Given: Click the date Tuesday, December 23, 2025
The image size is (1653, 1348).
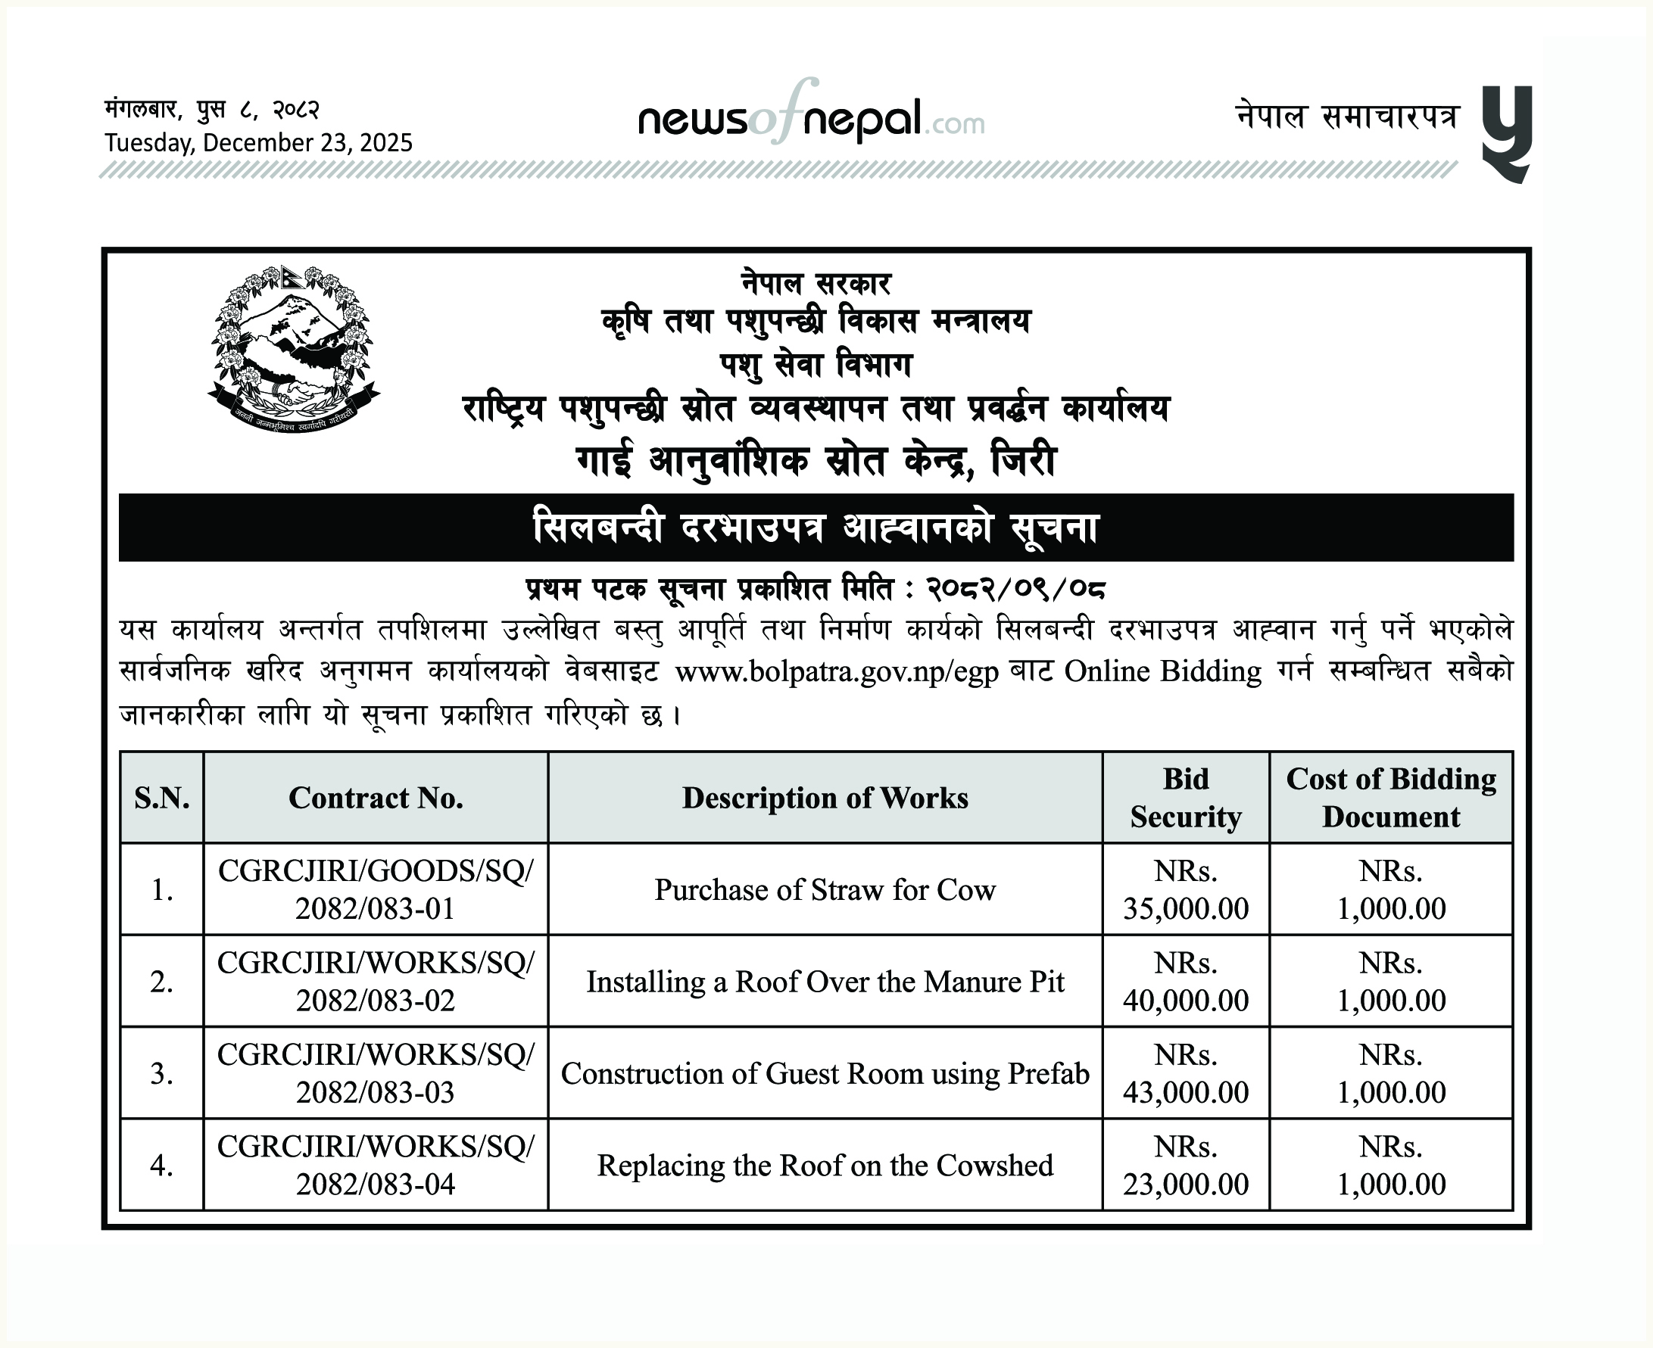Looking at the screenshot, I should tap(259, 143).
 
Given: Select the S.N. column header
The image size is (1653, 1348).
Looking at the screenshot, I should tap(161, 798).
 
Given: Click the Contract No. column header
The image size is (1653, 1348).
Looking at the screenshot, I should tap(376, 798).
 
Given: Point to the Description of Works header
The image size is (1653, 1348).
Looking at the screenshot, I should tap(825, 798).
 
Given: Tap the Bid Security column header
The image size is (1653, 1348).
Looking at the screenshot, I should tap(1185, 798).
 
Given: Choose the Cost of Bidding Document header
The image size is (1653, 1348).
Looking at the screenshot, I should tap(1390, 798).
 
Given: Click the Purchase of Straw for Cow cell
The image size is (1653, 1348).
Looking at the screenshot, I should tap(825, 890).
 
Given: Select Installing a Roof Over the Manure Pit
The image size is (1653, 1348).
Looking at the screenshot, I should tap(825, 982).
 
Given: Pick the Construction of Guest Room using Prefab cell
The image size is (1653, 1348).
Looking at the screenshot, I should tap(825, 1073).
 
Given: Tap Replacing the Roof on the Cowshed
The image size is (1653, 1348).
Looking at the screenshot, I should tap(825, 1166).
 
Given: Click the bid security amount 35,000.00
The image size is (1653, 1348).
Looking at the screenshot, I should tap(1185, 907).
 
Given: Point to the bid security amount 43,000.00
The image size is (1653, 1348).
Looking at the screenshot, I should tap(1185, 1091).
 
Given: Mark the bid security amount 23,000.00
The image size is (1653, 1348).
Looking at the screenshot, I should tap(1185, 1185).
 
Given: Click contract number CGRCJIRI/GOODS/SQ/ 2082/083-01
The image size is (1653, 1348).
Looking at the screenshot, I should tap(376, 890).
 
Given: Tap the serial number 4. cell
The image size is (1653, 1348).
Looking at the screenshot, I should tap(161, 1166).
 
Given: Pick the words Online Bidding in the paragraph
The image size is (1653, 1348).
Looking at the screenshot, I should tap(1162, 671).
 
